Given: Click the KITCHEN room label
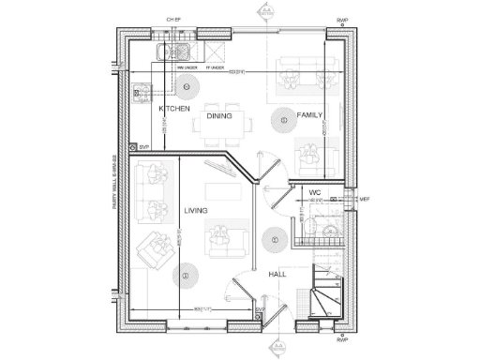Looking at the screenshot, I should [174, 109].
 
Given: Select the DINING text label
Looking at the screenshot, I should [219, 115].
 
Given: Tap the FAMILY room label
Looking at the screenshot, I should [310, 115].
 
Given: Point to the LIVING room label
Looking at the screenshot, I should [195, 210].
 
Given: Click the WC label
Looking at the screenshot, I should [316, 192].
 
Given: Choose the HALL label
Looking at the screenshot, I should [277, 274].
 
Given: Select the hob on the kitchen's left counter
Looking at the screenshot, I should [142, 92].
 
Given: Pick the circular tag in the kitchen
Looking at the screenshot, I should [187, 86].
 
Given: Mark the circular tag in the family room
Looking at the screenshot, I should [281, 119].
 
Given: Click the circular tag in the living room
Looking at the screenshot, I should [186, 276].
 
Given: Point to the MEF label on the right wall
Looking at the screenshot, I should [365, 198].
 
